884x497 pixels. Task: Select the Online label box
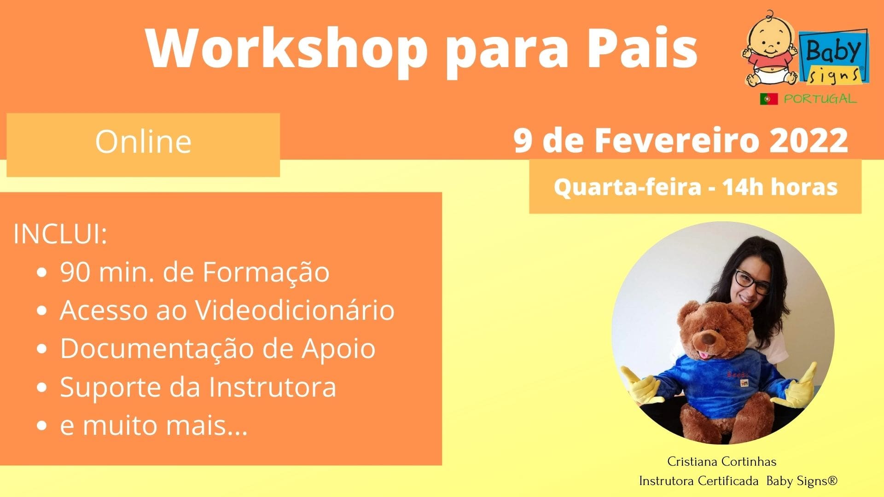point(143,145)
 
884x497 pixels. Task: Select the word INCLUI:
point(60,235)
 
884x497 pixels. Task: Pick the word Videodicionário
point(295,310)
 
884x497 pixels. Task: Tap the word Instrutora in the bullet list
point(273,387)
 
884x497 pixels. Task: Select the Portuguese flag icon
point(769,99)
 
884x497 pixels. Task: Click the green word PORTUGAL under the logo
point(820,99)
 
